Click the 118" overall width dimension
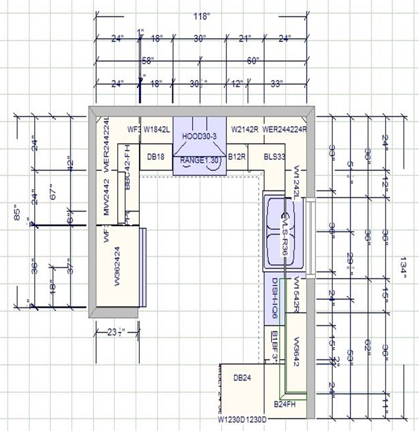click(202, 17)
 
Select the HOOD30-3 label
click(199, 136)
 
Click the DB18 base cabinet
click(155, 156)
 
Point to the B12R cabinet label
click(237, 156)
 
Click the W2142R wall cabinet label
click(245, 129)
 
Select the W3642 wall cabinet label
click(297, 349)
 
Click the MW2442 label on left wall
click(107, 198)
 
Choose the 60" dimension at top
click(254, 60)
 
